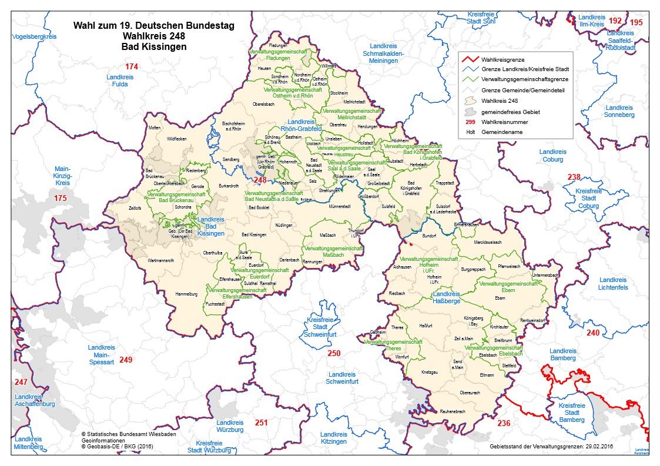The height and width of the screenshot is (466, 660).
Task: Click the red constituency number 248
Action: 260,180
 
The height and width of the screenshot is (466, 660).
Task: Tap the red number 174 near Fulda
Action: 131,67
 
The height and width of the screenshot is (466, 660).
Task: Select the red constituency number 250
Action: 333,353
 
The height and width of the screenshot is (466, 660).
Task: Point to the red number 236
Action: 504,423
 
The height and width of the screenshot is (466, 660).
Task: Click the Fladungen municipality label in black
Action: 277,45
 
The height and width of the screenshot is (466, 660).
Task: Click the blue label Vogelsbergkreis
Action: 33,37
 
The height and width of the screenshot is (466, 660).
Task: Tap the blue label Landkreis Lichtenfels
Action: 613,284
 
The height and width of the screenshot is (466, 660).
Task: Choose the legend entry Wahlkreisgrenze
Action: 503,59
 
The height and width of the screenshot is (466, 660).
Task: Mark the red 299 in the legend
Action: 470,122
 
